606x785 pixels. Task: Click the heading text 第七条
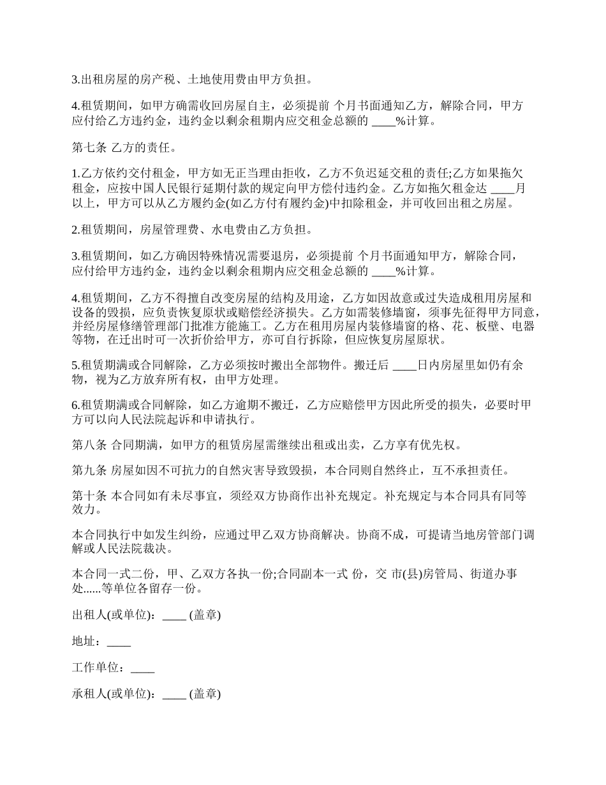pyautogui.click(x=89, y=149)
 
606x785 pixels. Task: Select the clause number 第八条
pyautogui.click(x=89, y=444)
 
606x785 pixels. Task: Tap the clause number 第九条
pyautogui.click(x=89, y=471)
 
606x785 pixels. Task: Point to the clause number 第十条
pyautogui.click(x=89, y=496)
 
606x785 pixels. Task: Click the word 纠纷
pyautogui.click(x=195, y=535)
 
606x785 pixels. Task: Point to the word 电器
pyautogui.click(x=522, y=326)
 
